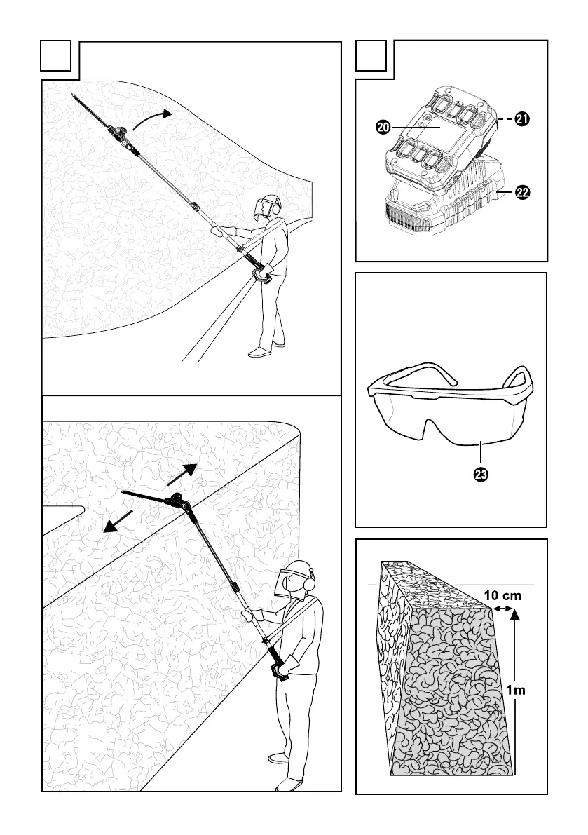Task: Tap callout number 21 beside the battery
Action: [522, 120]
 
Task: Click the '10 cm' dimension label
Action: [502, 595]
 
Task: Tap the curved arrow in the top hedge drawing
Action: [151, 118]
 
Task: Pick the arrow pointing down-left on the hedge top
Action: [117, 522]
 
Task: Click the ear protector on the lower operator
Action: [309, 581]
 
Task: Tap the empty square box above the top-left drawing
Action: [56, 55]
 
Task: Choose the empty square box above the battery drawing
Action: [371, 55]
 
